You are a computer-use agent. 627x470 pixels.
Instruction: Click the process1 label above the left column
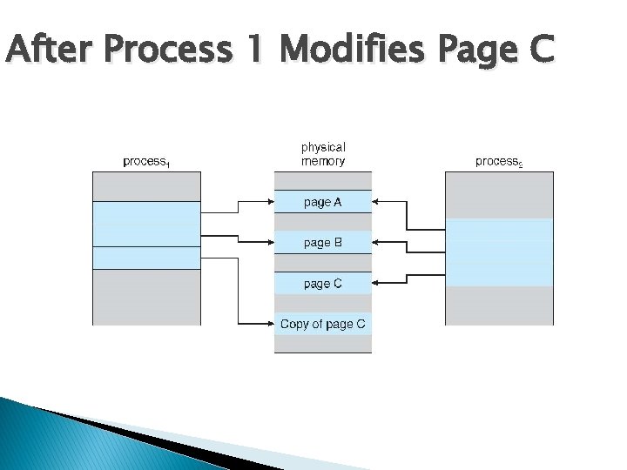(146, 162)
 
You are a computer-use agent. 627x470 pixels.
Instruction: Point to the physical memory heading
(323, 154)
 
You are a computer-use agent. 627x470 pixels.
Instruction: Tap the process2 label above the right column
(499, 162)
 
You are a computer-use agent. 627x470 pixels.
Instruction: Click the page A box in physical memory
(323, 202)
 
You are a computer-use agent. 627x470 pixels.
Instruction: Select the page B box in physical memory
(323, 243)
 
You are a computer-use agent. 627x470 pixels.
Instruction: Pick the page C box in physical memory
(323, 284)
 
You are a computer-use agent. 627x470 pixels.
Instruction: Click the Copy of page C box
(323, 325)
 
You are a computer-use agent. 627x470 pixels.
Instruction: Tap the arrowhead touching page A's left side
(269, 202)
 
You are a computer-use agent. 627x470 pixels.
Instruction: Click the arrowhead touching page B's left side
(269, 243)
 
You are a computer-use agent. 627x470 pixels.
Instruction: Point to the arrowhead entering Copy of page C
(269, 325)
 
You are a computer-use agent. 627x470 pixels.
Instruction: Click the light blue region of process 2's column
(499, 252)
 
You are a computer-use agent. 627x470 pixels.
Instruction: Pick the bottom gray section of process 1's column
(146, 297)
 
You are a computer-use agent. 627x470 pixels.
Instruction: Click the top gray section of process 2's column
(499, 194)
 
